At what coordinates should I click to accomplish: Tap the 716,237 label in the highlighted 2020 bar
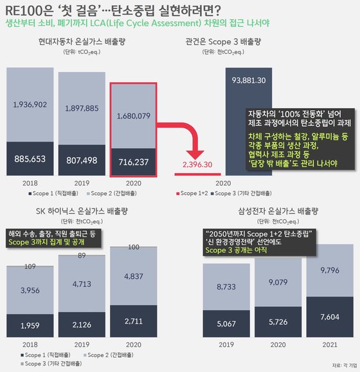click(134, 160)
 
